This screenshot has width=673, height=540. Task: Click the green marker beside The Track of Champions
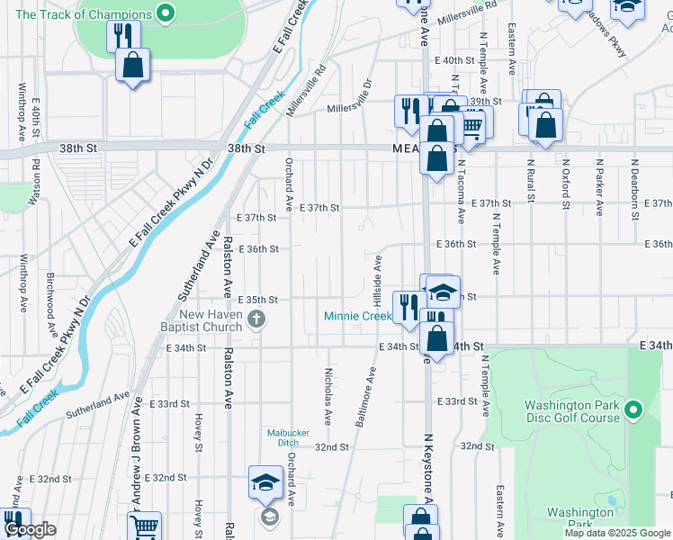pyautogui.click(x=165, y=13)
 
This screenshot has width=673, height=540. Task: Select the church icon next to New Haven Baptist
pyautogui.click(x=256, y=319)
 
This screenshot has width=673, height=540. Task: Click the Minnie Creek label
pyautogui.click(x=358, y=316)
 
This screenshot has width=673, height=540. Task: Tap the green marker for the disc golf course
pyautogui.click(x=633, y=410)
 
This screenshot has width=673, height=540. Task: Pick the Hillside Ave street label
pyautogui.click(x=379, y=276)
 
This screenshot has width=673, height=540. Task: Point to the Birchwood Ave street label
pyautogui.click(x=51, y=301)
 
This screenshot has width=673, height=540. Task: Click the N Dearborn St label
pyautogui.click(x=633, y=184)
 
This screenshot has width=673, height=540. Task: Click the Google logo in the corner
pyautogui.click(x=30, y=530)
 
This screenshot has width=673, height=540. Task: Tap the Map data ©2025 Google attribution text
pyautogui.click(x=616, y=533)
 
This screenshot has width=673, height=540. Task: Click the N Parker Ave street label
pyautogui.click(x=599, y=187)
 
